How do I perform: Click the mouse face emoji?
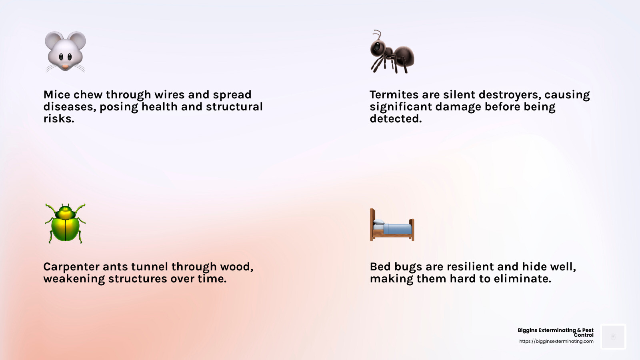click(x=65, y=51)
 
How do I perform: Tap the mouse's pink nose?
click(x=65, y=66)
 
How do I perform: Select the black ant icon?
click(x=392, y=52)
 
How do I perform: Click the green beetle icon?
click(x=65, y=223)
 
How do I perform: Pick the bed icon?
click(x=392, y=225)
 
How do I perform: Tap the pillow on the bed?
click(x=378, y=222)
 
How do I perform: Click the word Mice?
click(x=57, y=95)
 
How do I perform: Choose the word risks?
click(x=58, y=119)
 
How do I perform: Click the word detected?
click(x=395, y=119)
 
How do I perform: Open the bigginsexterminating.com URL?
click(x=556, y=342)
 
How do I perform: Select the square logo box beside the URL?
click(x=613, y=336)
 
